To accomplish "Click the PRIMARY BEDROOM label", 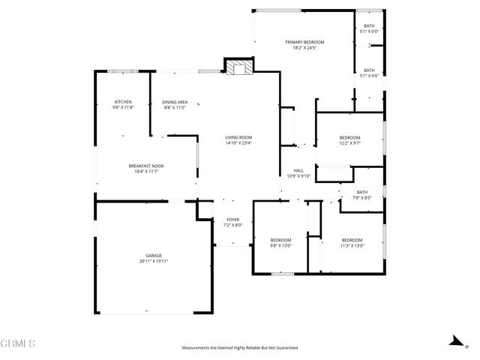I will coord(304,41).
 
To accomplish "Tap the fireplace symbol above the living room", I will coord(240,68).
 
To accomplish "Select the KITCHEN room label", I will coord(123,102).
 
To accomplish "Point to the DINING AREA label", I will coord(175,102).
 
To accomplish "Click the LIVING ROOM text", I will coord(238,137).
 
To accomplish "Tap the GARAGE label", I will coord(154,256).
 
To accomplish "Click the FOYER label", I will coord(233,220).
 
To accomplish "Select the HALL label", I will coord(298,170).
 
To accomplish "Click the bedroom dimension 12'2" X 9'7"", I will coord(349,143).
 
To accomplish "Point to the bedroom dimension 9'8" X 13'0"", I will coord(280,245).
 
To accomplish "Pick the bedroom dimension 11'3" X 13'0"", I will coord(351,245).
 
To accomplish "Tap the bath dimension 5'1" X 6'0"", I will coord(370,31).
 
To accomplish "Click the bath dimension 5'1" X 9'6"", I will coord(370,76).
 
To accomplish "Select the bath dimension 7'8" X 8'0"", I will coord(362,198).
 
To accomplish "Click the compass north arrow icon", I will coord(454,340).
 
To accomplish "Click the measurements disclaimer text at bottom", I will coord(240,348).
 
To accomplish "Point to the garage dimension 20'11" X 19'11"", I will coord(154,262).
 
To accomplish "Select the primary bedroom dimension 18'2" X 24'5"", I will coord(304,47).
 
